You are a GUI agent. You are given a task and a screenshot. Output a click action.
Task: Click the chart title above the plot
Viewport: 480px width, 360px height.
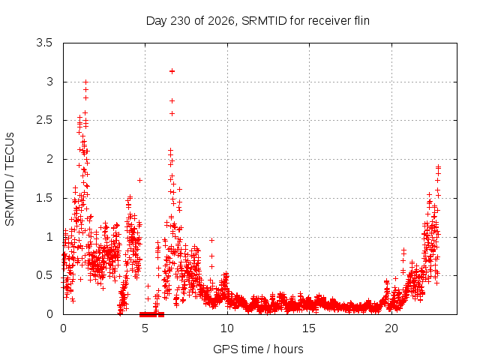pos(258,21)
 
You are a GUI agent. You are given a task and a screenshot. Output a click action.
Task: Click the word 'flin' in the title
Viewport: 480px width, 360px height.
pos(361,20)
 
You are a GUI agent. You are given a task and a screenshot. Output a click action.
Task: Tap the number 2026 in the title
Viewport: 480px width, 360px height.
pos(221,21)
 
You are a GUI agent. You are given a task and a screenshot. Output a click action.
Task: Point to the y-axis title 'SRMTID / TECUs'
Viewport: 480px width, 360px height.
pos(10,179)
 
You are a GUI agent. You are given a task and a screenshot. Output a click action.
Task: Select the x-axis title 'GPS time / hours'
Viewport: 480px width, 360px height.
pos(258,349)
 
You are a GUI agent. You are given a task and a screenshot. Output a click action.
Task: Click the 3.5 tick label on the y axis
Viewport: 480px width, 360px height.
pos(44,43)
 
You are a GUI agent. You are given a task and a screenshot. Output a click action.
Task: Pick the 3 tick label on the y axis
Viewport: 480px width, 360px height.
pos(49,82)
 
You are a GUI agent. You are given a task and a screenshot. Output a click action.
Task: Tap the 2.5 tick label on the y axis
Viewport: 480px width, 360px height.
pos(44,120)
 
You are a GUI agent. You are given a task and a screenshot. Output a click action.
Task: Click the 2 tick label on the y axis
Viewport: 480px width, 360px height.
pos(49,159)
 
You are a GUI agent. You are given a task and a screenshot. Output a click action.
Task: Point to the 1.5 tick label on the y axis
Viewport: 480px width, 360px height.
pos(44,198)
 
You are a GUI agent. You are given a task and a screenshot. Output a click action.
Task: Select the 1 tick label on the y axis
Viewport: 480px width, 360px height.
pos(49,237)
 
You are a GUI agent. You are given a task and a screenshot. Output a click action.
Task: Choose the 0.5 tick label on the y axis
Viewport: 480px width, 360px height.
pos(44,275)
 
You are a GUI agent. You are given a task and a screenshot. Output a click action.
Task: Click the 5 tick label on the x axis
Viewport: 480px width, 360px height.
pos(145,328)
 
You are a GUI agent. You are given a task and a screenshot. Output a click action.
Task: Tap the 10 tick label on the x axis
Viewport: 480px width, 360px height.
pos(227,328)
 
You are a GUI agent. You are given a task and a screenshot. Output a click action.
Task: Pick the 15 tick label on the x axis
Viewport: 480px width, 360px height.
pos(309,328)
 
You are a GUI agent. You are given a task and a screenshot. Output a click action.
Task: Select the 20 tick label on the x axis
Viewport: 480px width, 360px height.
pos(391,328)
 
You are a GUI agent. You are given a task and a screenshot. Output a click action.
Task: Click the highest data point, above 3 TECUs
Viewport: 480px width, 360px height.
pos(172,71)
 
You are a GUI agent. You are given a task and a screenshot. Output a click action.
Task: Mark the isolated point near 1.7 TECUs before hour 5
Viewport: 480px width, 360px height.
pos(139,180)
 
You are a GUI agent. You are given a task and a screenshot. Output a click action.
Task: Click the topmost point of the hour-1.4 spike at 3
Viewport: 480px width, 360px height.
pos(85,82)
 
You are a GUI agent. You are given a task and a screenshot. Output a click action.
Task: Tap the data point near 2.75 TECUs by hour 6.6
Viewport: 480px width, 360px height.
pos(172,100)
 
